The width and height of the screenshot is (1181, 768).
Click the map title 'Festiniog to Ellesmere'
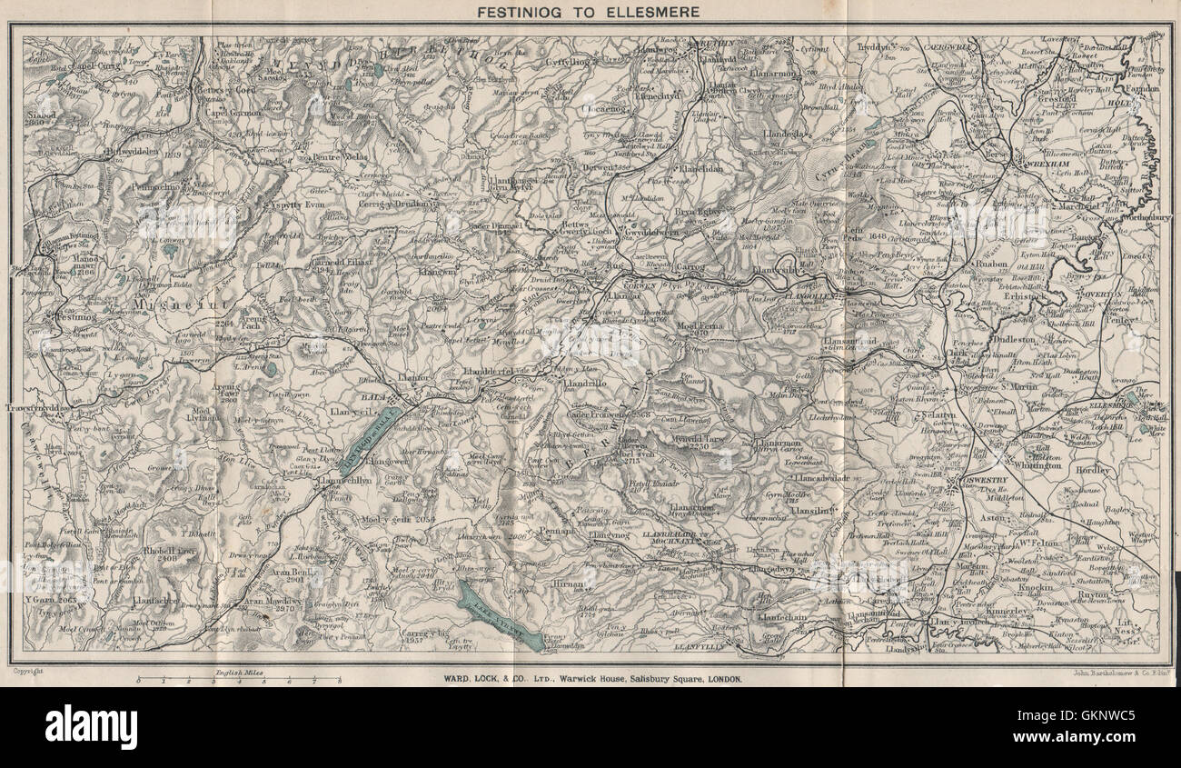[x=590, y=12]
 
